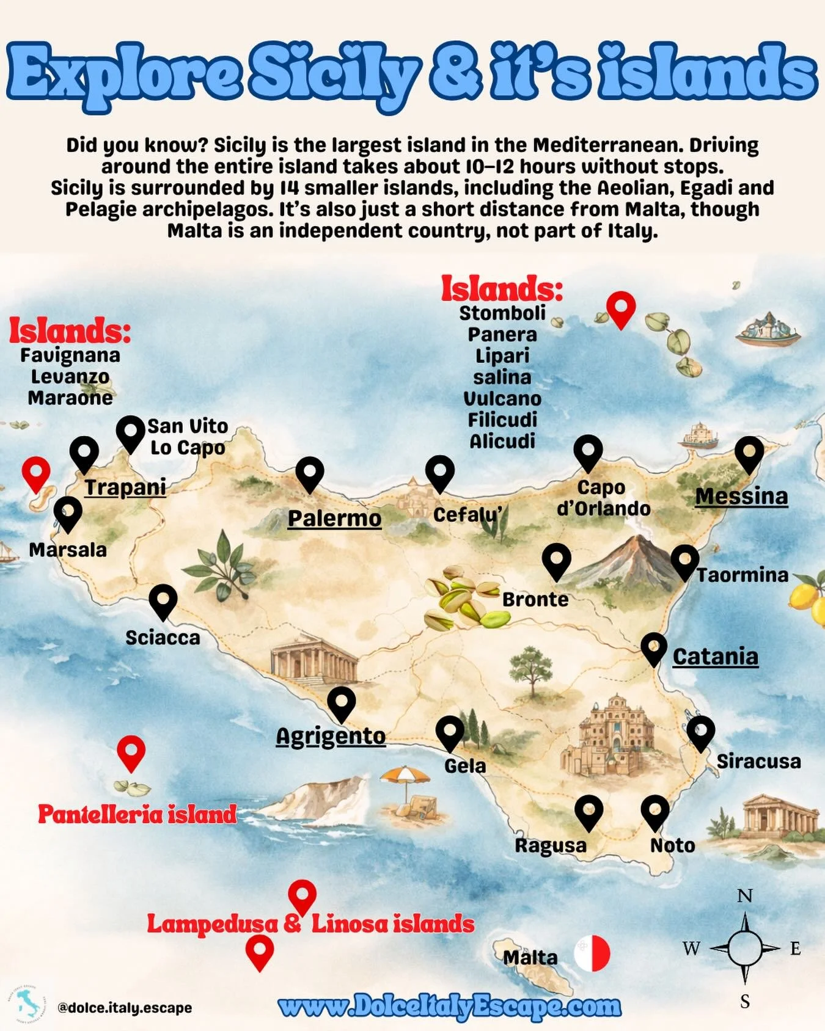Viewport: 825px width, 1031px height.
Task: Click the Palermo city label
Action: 334,518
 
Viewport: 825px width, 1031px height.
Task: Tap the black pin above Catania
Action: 653,649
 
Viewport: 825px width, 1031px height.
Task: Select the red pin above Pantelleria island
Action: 131,752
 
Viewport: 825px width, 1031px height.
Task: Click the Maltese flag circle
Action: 592,953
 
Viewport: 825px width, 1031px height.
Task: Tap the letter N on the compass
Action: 744,896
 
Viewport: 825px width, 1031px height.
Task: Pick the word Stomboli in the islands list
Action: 502,313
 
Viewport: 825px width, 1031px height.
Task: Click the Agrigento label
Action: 331,736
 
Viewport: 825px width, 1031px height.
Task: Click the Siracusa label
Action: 758,762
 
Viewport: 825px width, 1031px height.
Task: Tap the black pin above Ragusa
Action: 588,812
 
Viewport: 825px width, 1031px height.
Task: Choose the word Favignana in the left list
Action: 70,355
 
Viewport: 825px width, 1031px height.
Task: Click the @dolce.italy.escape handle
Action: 125,1008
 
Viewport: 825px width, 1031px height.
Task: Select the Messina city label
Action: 741,496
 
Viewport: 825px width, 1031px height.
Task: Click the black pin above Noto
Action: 654,812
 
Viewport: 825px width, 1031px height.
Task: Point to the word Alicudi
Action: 502,441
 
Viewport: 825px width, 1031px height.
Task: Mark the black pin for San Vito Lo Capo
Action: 130,433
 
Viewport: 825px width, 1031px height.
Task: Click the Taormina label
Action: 743,575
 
